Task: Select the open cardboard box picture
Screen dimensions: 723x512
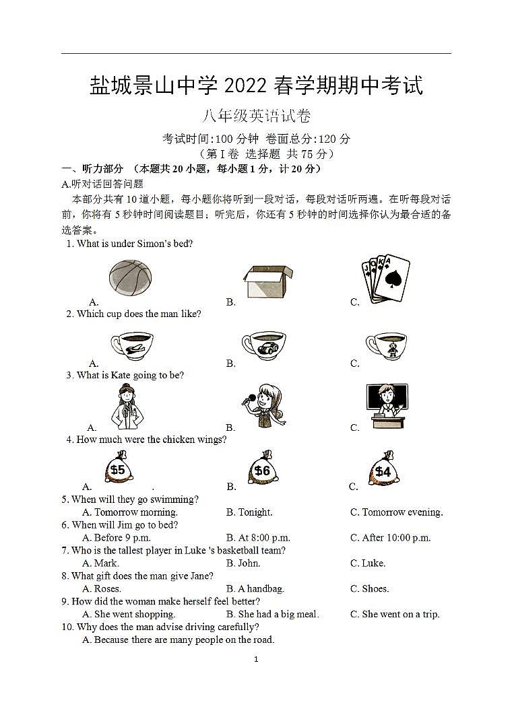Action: pyautogui.click(x=267, y=281)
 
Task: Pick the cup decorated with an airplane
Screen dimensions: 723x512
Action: pyautogui.click(x=132, y=345)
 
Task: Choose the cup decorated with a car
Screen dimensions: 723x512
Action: pyautogui.click(x=264, y=345)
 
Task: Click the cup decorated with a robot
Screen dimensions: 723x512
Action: pyautogui.click(x=386, y=345)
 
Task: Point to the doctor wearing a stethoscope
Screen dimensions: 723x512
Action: pyautogui.click(x=128, y=407)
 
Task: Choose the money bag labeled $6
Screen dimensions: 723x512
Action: pyautogui.click(x=262, y=469)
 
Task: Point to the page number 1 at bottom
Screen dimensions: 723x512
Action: pyautogui.click(x=256, y=659)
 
